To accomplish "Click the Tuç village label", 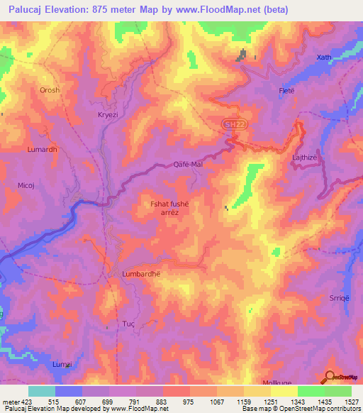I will (x=129, y=323).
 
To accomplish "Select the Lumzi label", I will (x=62, y=363).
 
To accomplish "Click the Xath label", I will (x=323, y=57).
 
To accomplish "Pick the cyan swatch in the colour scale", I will (x=42, y=391).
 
